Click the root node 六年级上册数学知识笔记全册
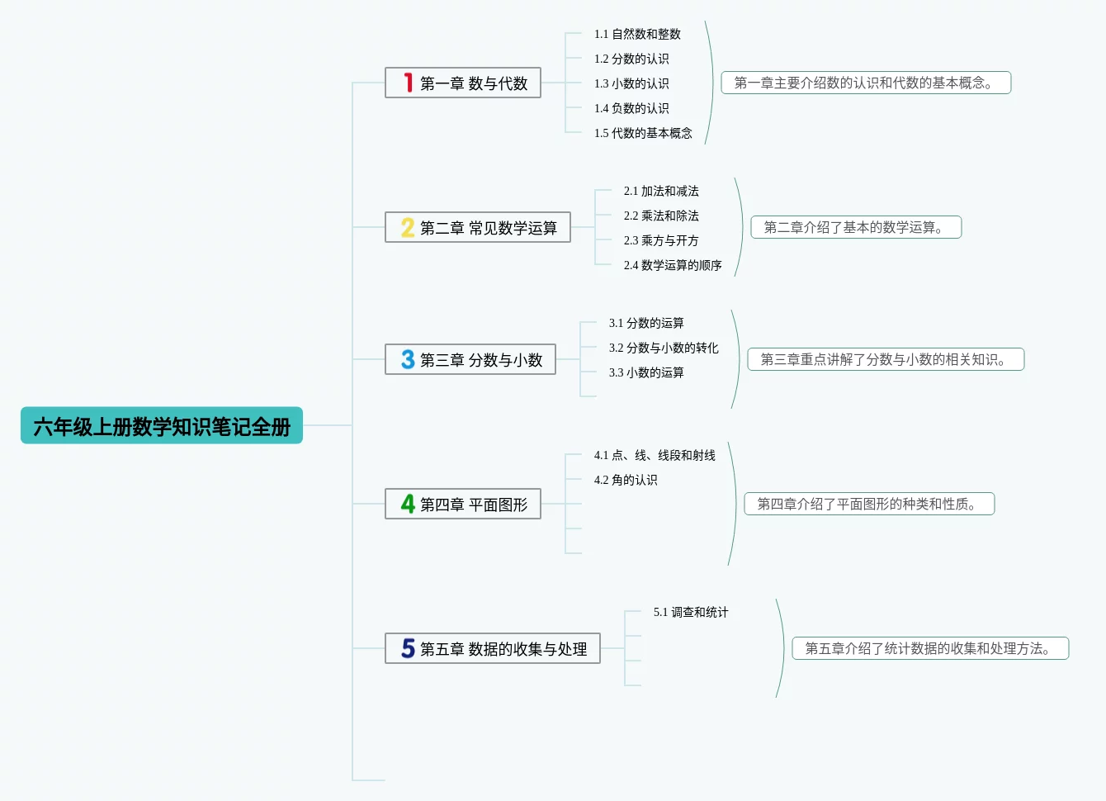pos(162,426)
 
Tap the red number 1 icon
pos(408,83)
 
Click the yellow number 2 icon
pos(408,227)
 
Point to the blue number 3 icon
pos(408,359)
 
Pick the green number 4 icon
pos(408,504)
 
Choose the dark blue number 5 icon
pos(408,648)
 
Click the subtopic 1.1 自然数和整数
pos(637,34)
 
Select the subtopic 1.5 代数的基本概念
pos(643,133)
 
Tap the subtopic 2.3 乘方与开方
pos(661,240)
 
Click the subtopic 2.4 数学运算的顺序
pos(673,265)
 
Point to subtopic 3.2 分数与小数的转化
pos(664,348)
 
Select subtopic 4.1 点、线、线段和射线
pos(655,455)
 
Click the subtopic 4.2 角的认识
pos(626,480)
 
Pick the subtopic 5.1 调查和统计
pos(691,612)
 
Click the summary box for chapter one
pos(866,83)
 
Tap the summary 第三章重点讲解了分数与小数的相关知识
pos(886,359)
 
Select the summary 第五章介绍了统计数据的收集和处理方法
pos(930,648)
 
